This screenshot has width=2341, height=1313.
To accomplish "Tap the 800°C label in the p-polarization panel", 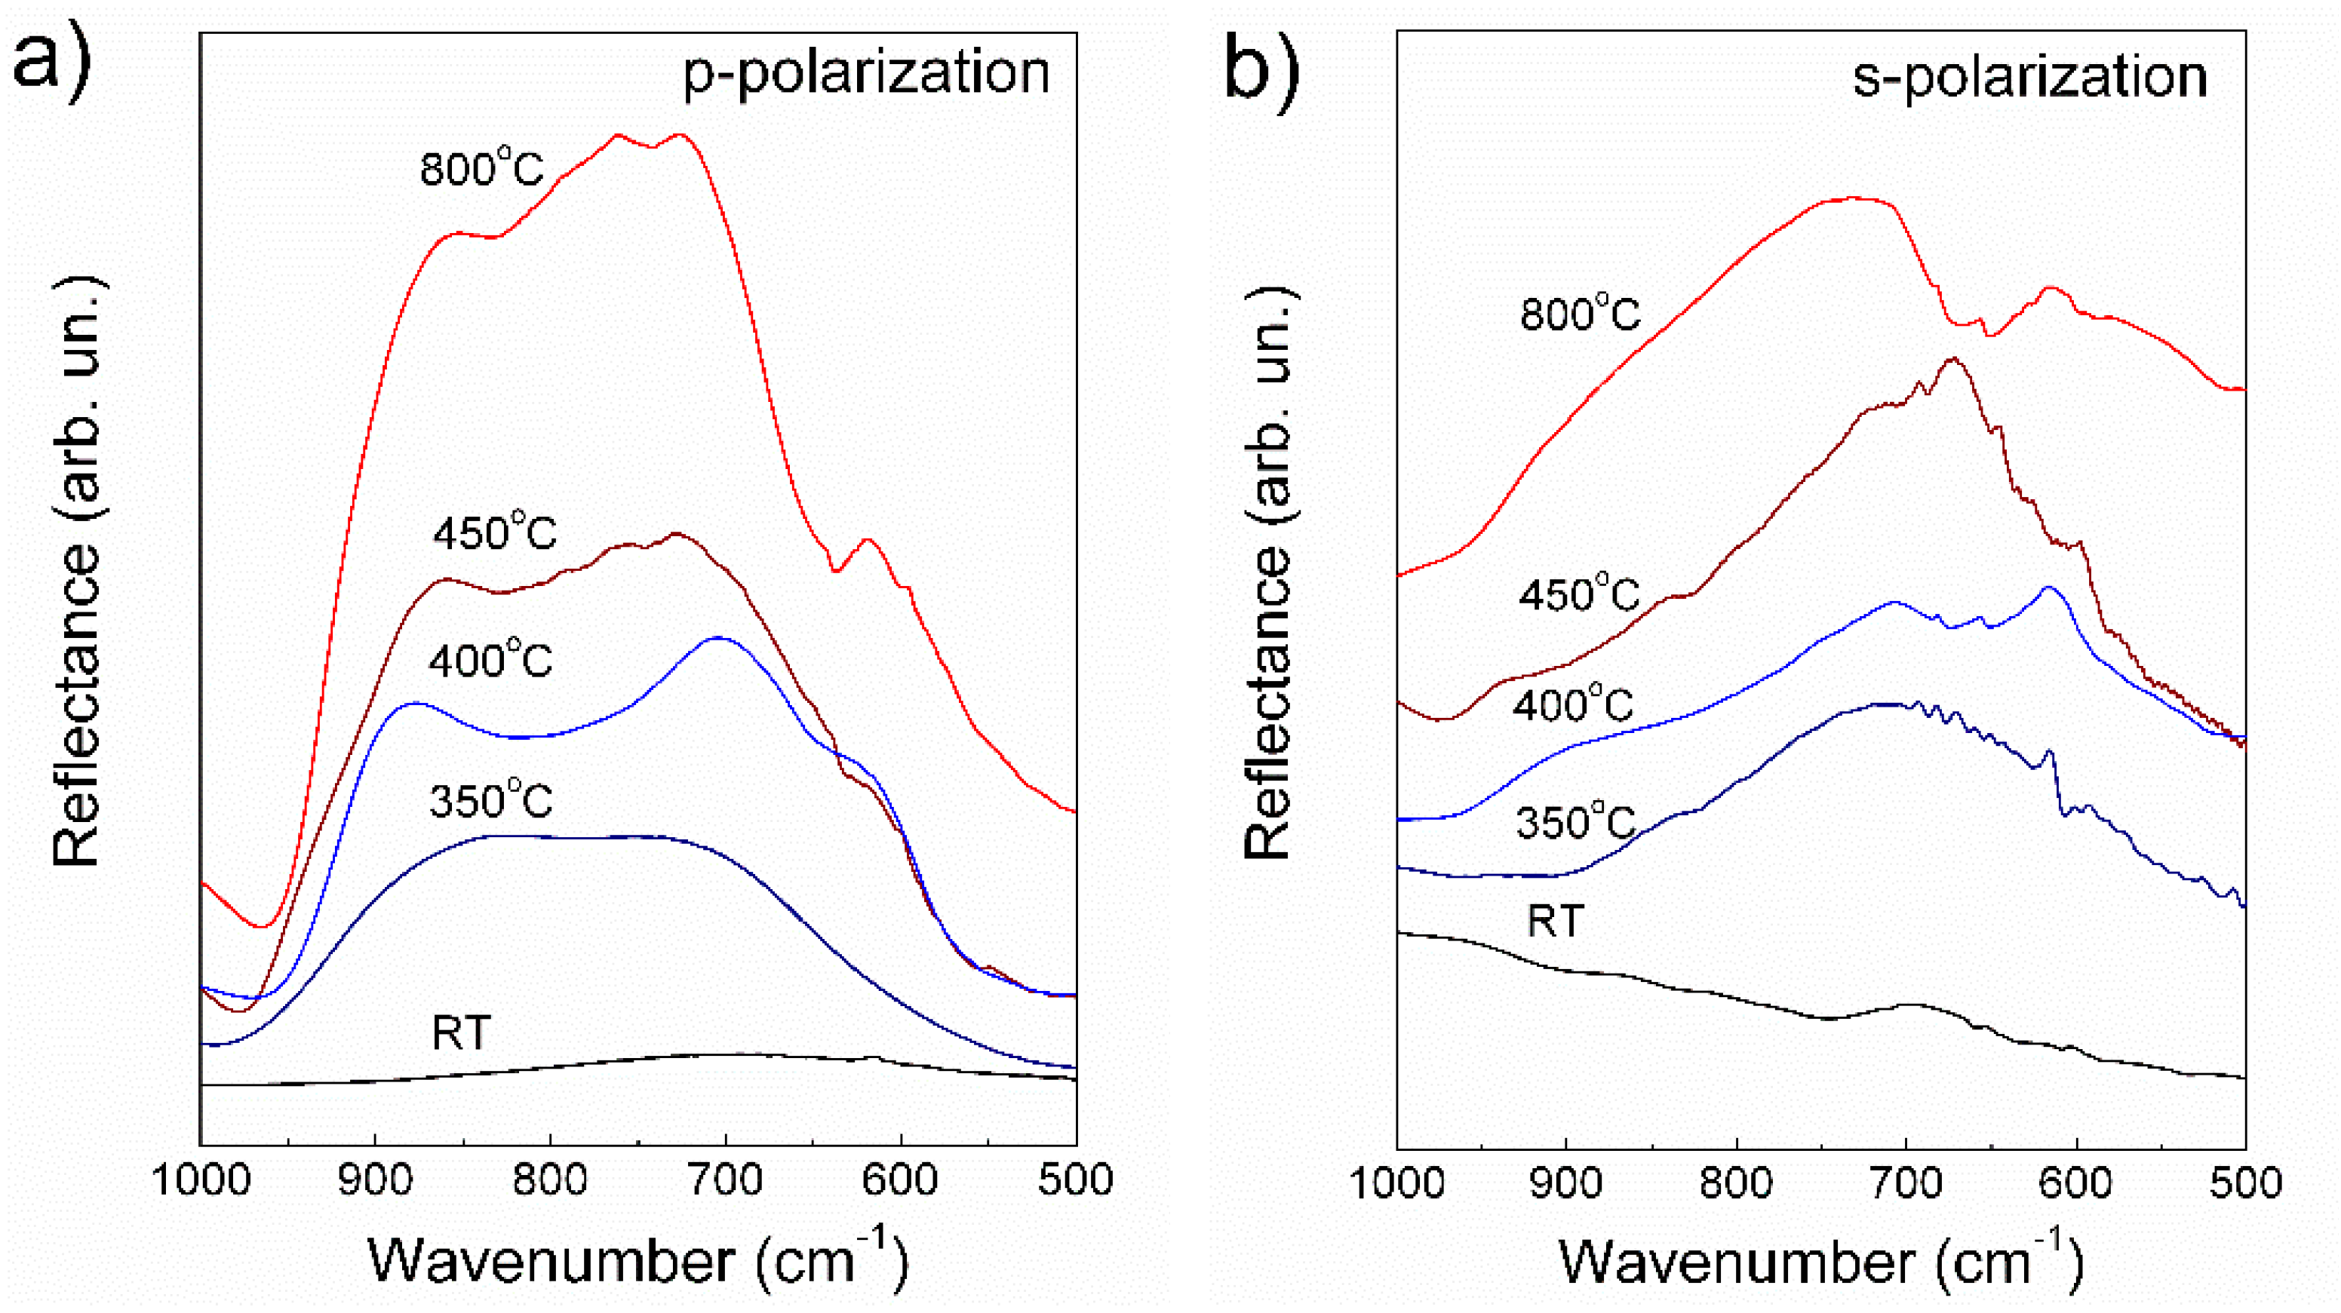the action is (x=481, y=168).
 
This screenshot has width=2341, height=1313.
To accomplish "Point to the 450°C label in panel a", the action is (x=494, y=532).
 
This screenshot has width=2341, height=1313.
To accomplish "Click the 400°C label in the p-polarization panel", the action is (x=490, y=659).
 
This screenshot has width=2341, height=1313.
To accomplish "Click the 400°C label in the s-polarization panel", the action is (x=1573, y=704).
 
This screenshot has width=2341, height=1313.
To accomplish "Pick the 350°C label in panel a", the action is (x=490, y=799).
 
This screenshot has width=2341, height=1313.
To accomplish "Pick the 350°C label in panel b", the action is (x=1576, y=822).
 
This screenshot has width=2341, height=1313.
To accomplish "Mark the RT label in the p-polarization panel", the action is (x=462, y=1032).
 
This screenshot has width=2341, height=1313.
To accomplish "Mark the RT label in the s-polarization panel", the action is (x=1556, y=921).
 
